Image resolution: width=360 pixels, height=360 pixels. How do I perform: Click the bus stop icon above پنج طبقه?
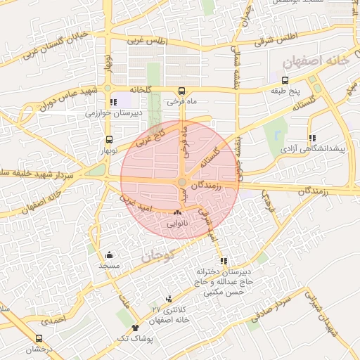pyautogui.click(x=284, y=79)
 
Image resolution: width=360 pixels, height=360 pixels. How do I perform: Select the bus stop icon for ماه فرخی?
pyautogui.click(x=182, y=91)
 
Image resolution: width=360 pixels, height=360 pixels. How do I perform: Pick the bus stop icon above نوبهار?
pyautogui.click(x=108, y=139)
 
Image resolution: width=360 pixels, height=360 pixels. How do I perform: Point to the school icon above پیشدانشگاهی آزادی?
pyautogui.click(x=312, y=139)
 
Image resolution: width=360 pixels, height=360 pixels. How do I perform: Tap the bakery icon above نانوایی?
pyautogui.click(x=177, y=212)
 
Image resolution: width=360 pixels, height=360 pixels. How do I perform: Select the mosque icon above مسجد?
pyautogui.click(x=110, y=255)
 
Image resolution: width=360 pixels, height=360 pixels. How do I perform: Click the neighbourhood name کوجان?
pyautogui.click(x=156, y=257)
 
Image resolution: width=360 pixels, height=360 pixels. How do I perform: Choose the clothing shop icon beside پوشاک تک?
pyautogui.click(x=135, y=327)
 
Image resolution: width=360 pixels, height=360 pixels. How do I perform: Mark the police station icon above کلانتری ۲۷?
pyautogui.click(x=169, y=299)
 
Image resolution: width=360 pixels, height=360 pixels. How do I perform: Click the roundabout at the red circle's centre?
pyautogui.click(x=181, y=182)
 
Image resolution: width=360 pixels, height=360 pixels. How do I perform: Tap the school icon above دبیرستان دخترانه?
pyautogui.click(x=224, y=262)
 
